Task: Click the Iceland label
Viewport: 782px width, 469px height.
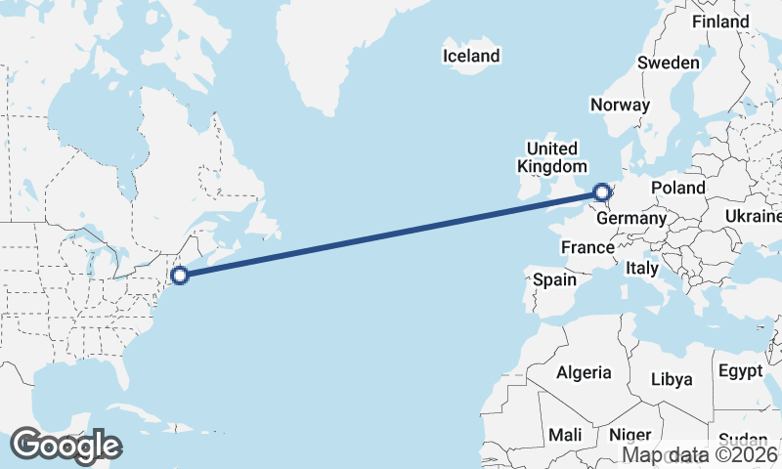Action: point(471,56)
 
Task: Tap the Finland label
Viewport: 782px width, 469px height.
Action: point(719,21)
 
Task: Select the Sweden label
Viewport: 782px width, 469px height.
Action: point(669,63)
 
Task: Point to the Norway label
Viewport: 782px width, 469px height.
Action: point(621,106)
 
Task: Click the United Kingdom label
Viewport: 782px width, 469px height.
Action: point(552,157)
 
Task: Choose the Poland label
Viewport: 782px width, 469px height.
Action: point(678,188)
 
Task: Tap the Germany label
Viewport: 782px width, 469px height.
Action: point(630,219)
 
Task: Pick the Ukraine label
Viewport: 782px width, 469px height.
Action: point(753,215)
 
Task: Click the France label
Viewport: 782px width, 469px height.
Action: point(586,248)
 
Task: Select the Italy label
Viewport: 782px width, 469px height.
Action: point(642,267)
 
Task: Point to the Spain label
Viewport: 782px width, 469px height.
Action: point(554,280)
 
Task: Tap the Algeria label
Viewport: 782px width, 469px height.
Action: point(584,372)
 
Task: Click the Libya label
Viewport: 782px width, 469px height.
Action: point(672,379)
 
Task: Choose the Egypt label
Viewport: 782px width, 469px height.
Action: point(740,371)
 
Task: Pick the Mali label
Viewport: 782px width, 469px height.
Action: point(565,434)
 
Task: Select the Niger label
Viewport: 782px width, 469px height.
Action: point(630,434)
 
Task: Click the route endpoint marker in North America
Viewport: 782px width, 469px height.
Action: point(180,275)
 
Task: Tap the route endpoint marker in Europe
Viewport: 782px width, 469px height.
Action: point(601,192)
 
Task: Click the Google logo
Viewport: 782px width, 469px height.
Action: point(65,446)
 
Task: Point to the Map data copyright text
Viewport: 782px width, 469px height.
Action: point(702,454)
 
